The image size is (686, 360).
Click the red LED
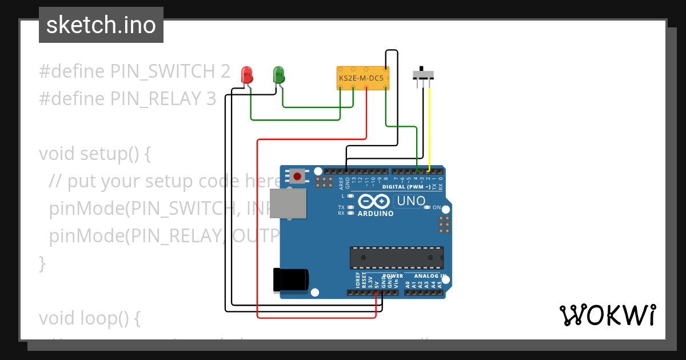(x=247, y=75)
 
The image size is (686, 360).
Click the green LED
(x=279, y=74)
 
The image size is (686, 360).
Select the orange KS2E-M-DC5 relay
(x=363, y=78)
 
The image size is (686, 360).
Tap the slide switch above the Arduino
(x=423, y=74)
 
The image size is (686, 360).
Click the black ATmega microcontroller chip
(x=397, y=258)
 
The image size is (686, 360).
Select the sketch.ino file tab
(x=101, y=25)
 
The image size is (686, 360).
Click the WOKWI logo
(x=607, y=315)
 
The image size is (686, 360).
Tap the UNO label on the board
(x=411, y=201)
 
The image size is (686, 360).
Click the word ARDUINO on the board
(x=375, y=214)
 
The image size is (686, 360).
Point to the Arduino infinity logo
(x=375, y=201)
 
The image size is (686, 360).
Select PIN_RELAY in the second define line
(x=157, y=99)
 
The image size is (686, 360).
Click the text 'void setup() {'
(x=95, y=154)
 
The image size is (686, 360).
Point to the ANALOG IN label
(x=430, y=275)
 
